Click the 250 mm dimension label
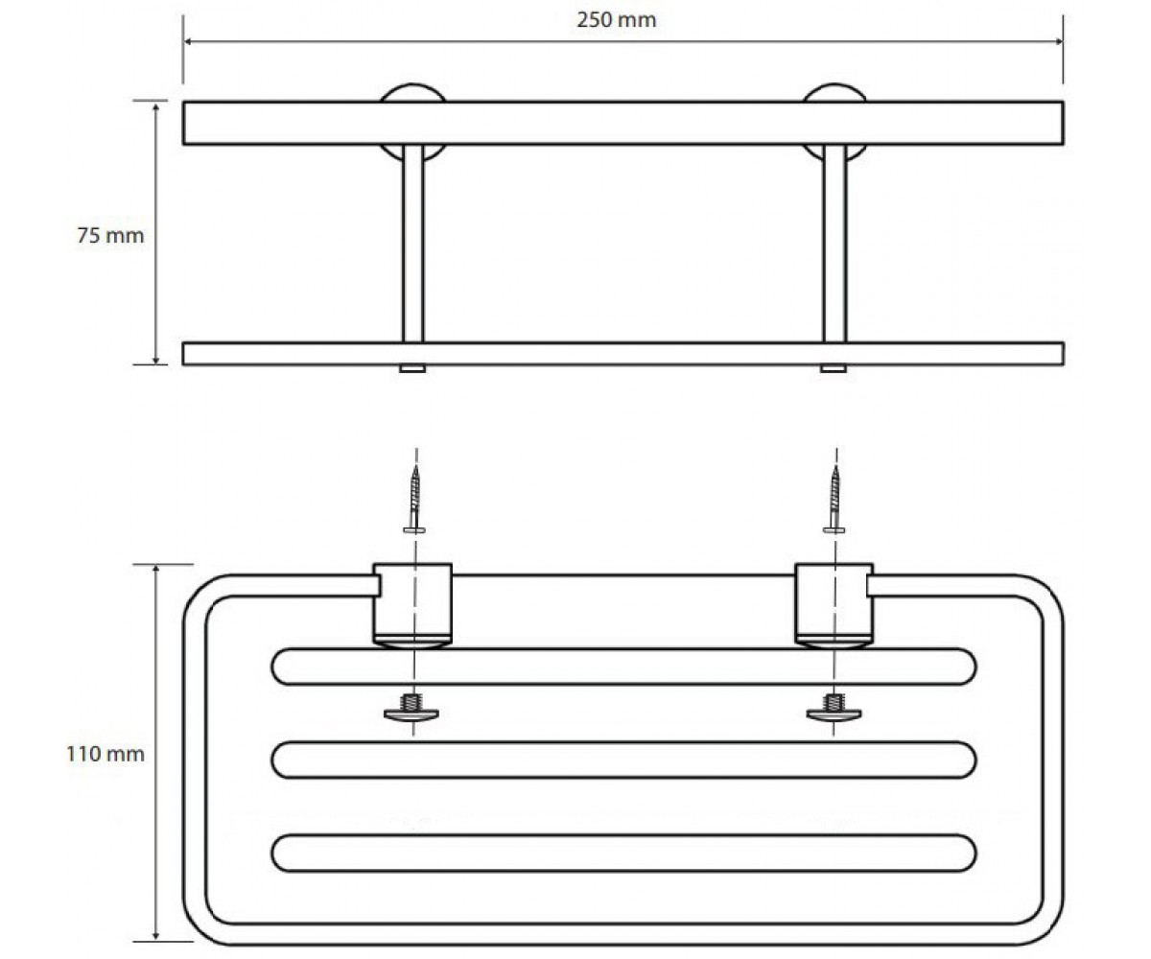(x=617, y=20)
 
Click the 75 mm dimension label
(x=110, y=235)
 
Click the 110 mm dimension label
(x=106, y=754)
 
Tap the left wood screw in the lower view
(x=414, y=499)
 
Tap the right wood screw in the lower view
(x=834, y=499)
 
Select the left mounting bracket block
(x=412, y=604)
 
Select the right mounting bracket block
(x=834, y=604)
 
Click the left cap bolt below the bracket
(x=411, y=707)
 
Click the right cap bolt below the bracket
(x=834, y=707)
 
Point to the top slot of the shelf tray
(x=623, y=667)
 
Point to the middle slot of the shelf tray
(x=623, y=760)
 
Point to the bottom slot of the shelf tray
(x=623, y=854)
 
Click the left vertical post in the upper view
(x=412, y=243)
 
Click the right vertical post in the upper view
(x=834, y=243)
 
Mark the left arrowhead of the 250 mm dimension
(x=187, y=41)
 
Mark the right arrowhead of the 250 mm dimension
(x=1058, y=41)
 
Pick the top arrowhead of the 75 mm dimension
(x=156, y=106)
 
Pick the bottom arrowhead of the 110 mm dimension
(x=156, y=935)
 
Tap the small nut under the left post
(x=412, y=368)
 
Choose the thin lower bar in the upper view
(x=623, y=354)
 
